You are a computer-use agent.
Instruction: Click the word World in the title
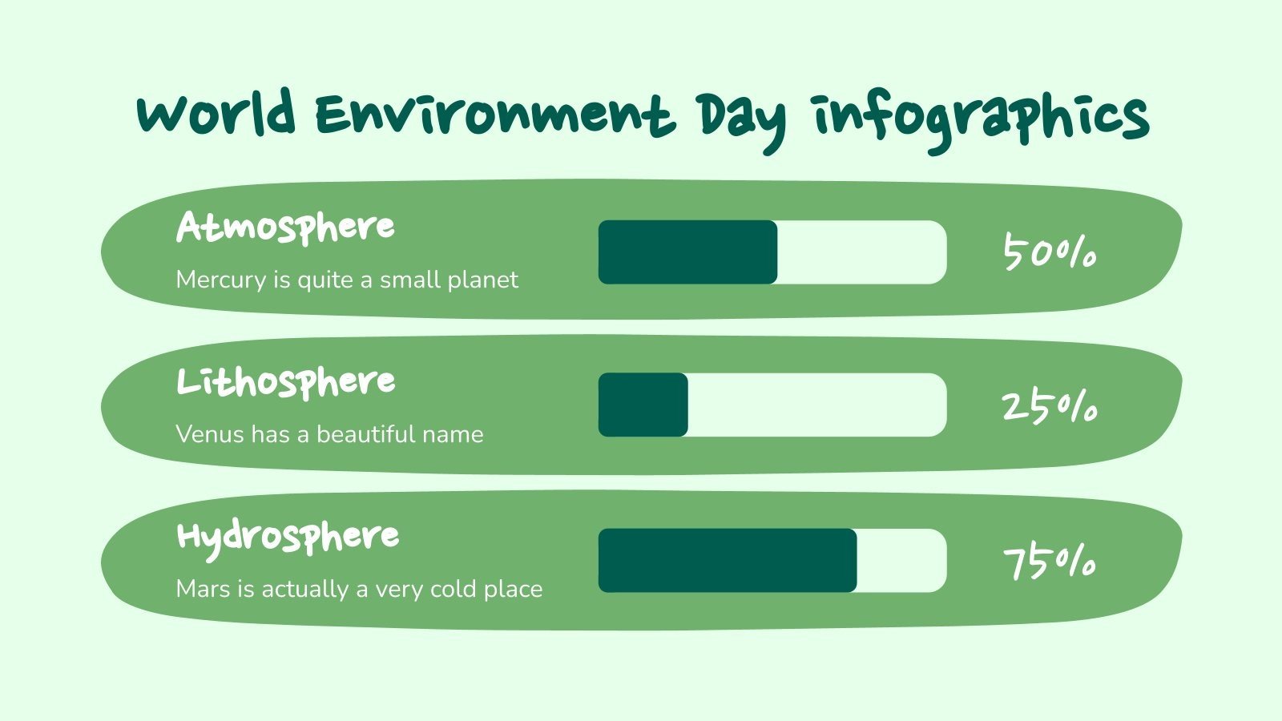216,115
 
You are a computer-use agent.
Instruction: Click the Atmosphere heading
285,228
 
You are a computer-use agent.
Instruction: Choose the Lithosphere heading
285,382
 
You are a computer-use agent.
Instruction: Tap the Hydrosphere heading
287,538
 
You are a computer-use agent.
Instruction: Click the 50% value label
1050,253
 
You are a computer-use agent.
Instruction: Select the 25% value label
1050,407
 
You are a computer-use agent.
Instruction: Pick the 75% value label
1050,562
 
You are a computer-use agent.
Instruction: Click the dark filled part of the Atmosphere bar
687,252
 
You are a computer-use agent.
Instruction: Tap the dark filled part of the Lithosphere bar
643,405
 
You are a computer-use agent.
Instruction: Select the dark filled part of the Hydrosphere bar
728,560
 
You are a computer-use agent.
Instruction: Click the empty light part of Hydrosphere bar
901,560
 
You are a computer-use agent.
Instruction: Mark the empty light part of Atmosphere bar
861,252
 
